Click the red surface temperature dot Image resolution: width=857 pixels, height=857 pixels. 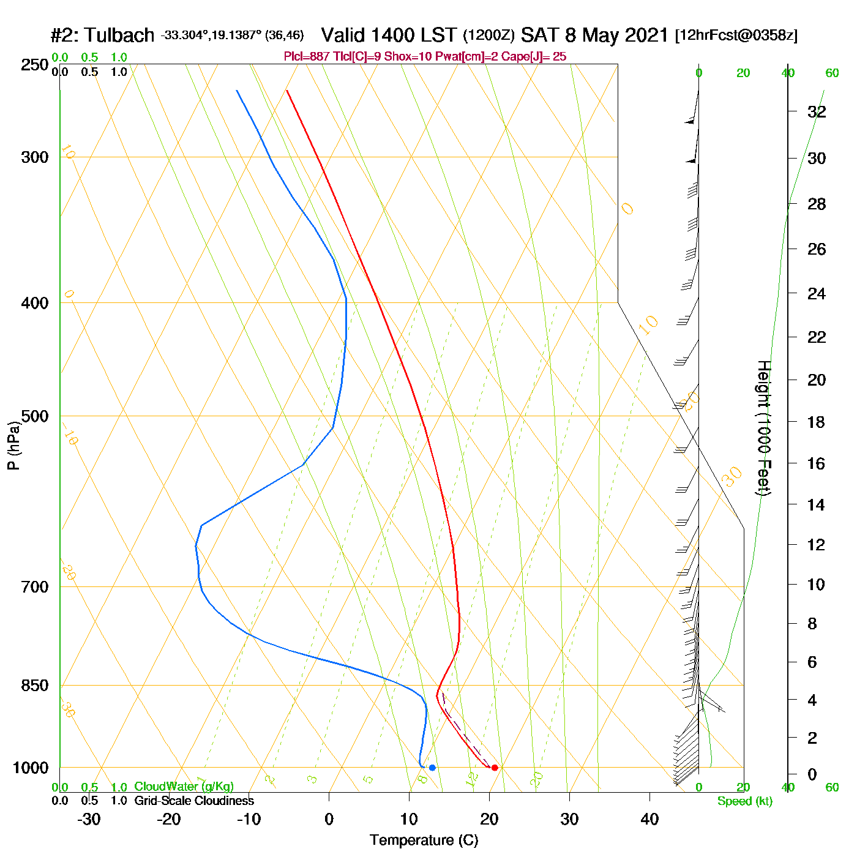(x=495, y=768)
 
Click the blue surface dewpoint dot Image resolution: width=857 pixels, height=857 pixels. (x=432, y=768)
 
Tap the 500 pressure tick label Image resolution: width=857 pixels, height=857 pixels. (x=35, y=416)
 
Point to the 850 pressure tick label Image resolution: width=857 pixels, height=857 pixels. (x=35, y=686)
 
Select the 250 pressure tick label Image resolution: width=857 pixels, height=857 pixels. (x=35, y=65)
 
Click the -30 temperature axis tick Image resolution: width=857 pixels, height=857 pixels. (x=89, y=819)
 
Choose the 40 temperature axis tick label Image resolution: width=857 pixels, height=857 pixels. (x=649, y=819)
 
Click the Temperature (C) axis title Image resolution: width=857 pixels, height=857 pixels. (x=424, y=840)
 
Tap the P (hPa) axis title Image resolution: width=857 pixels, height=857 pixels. (x=13, y=445)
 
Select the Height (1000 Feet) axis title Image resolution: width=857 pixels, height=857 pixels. (x=763, y=428)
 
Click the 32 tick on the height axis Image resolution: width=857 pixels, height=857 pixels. (x=817, y=111)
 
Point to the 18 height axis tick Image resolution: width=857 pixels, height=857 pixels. (x=816, y=422)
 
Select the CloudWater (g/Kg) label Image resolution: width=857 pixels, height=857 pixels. (x=184, y=787)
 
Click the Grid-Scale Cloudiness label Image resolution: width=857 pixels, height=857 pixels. (x=194, y=801)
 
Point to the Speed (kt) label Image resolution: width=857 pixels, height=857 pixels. (x=744, y=801)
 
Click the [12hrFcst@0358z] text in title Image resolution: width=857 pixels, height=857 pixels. (x=736, y=36)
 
